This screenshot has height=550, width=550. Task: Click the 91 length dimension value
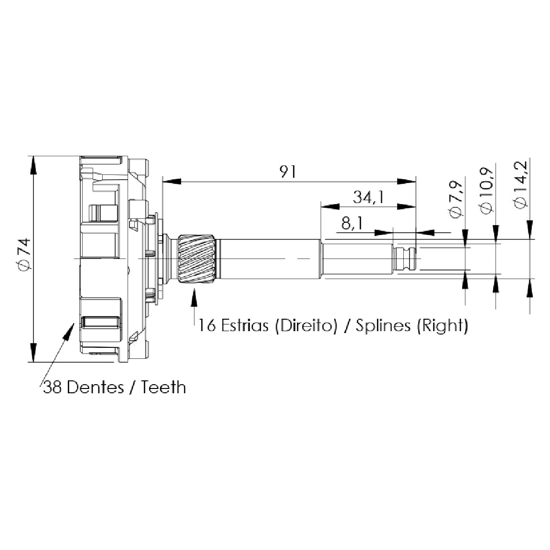(x=288, y=172)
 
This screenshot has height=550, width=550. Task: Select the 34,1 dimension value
(x=368, y=197)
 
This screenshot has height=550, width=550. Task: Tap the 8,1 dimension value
(x=353, y=224)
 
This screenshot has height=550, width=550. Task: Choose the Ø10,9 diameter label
(x=486, y=191)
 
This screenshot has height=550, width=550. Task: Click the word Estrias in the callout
(x=245, y=325)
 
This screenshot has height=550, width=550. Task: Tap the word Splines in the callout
(x=383, y=325)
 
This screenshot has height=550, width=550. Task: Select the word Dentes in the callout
(x=96, y=388)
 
